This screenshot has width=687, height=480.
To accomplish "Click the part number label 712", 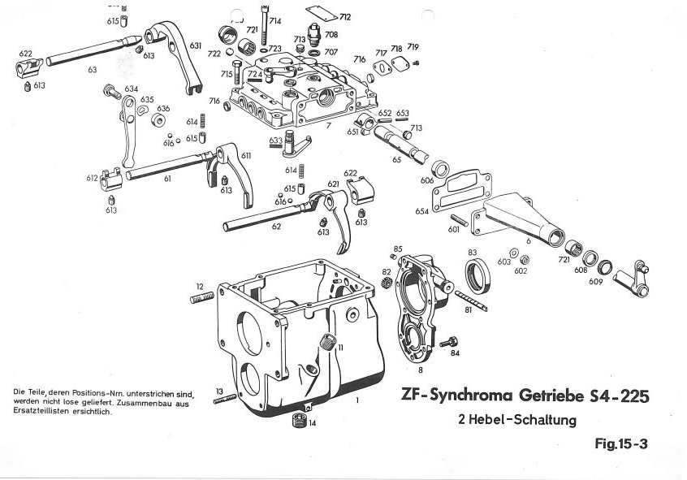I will (345, 17).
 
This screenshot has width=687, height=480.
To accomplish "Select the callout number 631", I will (196, 46).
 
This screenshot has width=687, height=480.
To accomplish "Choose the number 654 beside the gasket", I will (421, 210).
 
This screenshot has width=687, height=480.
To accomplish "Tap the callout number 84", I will (455, 353).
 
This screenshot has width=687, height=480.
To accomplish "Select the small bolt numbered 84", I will (445, 342).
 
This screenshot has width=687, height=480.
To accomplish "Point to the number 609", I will (596, 281).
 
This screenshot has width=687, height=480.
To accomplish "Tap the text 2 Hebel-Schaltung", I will (517, 420).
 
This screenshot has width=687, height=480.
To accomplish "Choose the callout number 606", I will (427, 180).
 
